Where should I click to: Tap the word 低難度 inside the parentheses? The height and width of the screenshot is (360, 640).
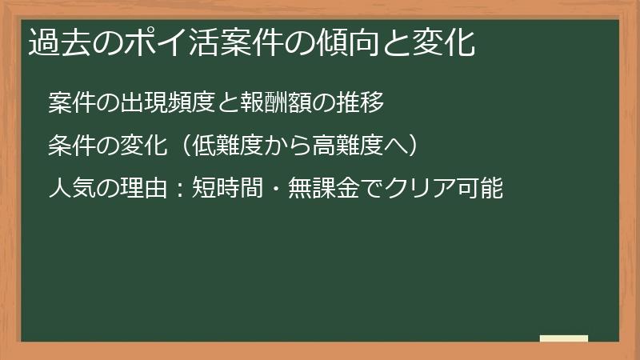(x=229, y=146)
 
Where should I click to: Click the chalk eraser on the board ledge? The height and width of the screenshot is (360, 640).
(x=563, y=338)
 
